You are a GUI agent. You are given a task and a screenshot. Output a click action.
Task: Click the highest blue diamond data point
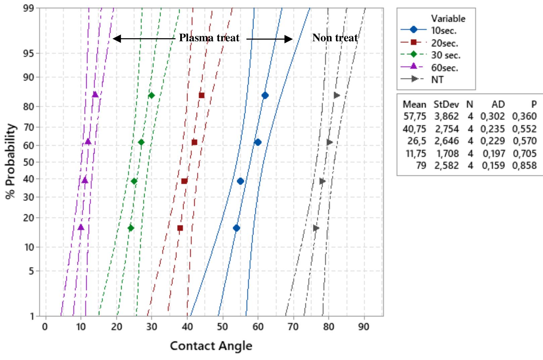coord(265,95)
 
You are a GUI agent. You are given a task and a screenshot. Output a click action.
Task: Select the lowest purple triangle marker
coord(81,227)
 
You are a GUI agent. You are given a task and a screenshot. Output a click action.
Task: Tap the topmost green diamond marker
coord(151,95)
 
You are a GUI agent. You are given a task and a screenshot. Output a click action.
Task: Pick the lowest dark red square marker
coord(180,228)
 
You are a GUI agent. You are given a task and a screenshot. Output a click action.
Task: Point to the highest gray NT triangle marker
coord(337,95)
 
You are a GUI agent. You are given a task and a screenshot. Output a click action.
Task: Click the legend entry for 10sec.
coord(444,30)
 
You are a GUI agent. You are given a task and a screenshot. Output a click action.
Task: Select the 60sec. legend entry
coord(445,67)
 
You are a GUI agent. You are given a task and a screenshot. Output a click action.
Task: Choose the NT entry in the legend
coord(437,80)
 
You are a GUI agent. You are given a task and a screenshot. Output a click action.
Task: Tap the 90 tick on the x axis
coord(364,326)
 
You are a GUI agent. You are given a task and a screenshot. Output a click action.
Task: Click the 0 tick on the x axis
coord(45,326)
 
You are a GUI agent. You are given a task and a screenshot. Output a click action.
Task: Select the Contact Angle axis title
coord(211,346)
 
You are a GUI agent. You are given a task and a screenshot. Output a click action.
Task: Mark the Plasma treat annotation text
coord(209,38)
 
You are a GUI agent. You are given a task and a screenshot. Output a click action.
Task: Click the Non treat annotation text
coord(335,38)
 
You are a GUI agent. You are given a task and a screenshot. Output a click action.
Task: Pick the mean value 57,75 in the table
coord(414,116)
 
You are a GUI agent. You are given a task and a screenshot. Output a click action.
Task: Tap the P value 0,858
coord(524,165)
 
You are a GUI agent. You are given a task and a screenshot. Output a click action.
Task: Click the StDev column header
coord(446,104)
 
